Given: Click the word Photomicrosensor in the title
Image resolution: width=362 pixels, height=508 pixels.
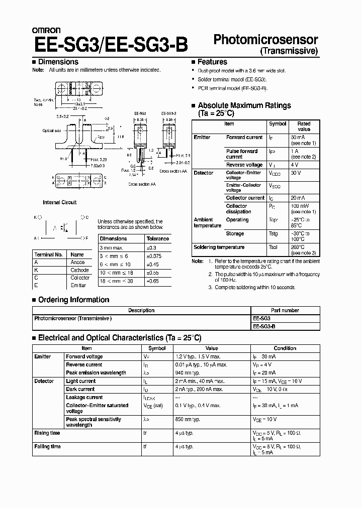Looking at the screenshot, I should click(266, 40).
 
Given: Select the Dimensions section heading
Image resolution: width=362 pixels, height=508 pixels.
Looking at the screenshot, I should click(58, 62).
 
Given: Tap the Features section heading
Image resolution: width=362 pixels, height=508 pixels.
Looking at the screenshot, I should click(212, 62).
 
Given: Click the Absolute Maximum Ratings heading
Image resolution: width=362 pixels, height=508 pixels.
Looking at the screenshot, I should click(244, 105).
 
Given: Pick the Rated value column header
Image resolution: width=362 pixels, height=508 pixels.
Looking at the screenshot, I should click(304, 126).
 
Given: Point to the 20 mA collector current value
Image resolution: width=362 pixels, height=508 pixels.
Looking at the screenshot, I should click(298, 198).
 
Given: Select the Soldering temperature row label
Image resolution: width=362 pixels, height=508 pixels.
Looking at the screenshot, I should click(219, 247).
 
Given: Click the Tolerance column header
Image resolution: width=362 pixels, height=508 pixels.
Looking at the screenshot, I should click(157, 239).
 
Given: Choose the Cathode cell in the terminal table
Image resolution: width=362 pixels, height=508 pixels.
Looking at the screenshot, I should click(79, 270).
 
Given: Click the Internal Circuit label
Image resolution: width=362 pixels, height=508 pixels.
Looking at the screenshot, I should click(59, 202).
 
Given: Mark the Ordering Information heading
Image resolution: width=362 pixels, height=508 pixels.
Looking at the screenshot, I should click(73, 300).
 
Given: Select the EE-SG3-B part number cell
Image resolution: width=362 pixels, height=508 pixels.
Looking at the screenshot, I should click(263, 326).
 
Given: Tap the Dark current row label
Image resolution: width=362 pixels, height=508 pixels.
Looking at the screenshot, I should click(80, 389).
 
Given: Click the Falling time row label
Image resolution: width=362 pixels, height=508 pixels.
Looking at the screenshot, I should click(47, 446).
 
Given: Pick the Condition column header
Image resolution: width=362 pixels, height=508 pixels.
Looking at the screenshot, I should click(285, 348).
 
